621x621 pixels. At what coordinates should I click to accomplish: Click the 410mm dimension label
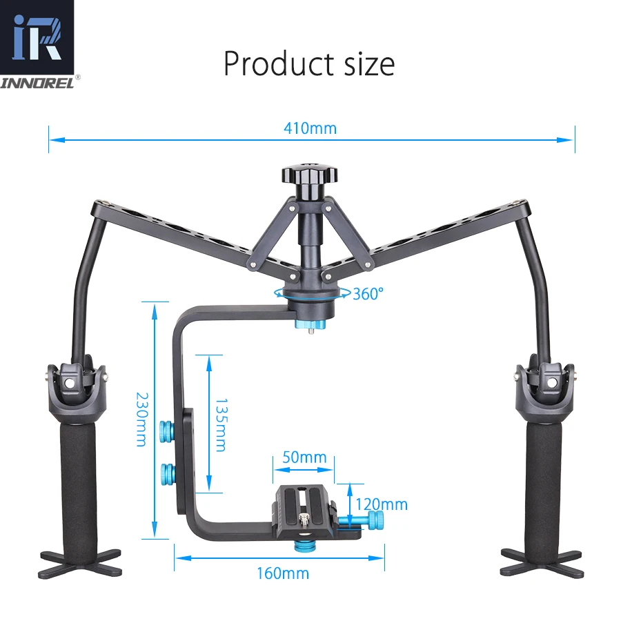coord(310,128)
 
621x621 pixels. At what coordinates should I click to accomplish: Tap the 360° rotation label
coord(368,294)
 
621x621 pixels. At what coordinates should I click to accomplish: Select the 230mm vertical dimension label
coord(142,420)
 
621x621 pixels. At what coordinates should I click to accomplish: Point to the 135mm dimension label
coord(221,425)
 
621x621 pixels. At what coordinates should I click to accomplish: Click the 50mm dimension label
coord(304,457)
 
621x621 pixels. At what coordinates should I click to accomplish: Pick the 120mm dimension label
coord(382,504)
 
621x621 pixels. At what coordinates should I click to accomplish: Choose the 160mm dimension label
coord(283,573)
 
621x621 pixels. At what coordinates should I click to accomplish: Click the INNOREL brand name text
coord(37,83)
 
